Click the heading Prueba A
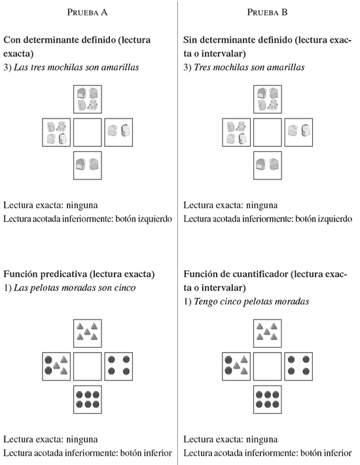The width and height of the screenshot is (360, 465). pos(87,12)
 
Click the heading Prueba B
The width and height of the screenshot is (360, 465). pos(267,12)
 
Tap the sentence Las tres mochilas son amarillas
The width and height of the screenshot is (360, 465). pos(77,67)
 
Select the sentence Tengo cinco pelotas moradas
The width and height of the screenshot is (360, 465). pos(251,302)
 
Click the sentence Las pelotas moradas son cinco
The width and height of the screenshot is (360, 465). pos(75,288)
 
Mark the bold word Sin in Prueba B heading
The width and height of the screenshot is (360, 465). pos(190,40)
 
